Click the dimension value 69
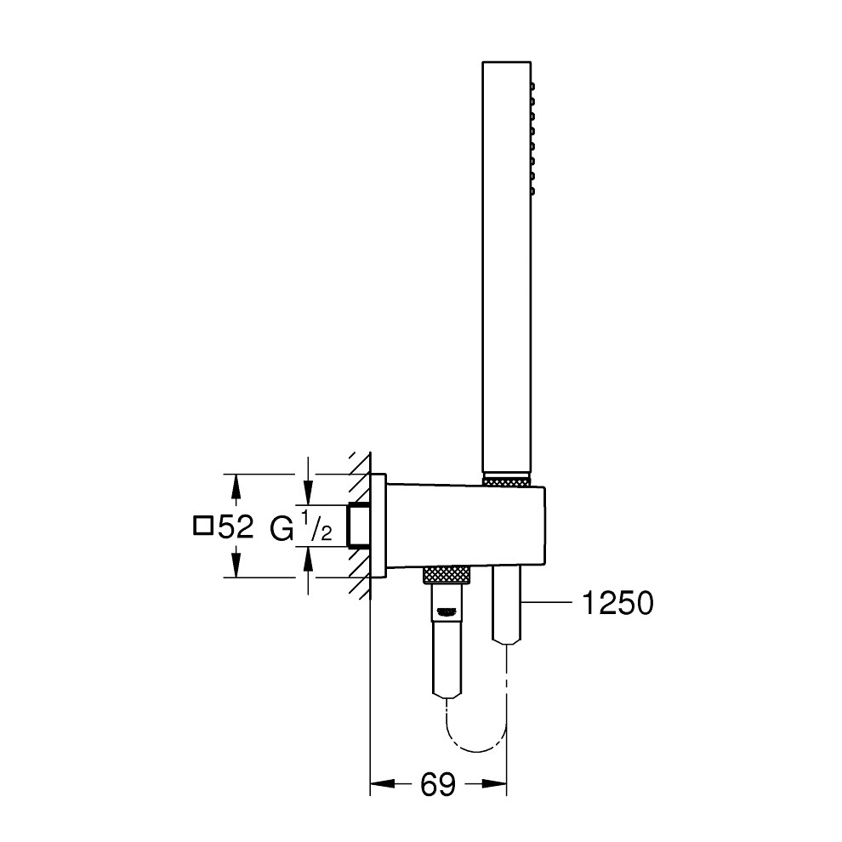[438, 786]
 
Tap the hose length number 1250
[617, 603]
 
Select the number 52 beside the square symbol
[236, 527]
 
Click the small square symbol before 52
[202, 526]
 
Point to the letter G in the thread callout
[281, 528]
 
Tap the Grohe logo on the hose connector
[448, 610]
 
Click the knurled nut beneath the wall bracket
[448, 574]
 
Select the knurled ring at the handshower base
[507, 481]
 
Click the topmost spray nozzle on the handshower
[532, 85]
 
